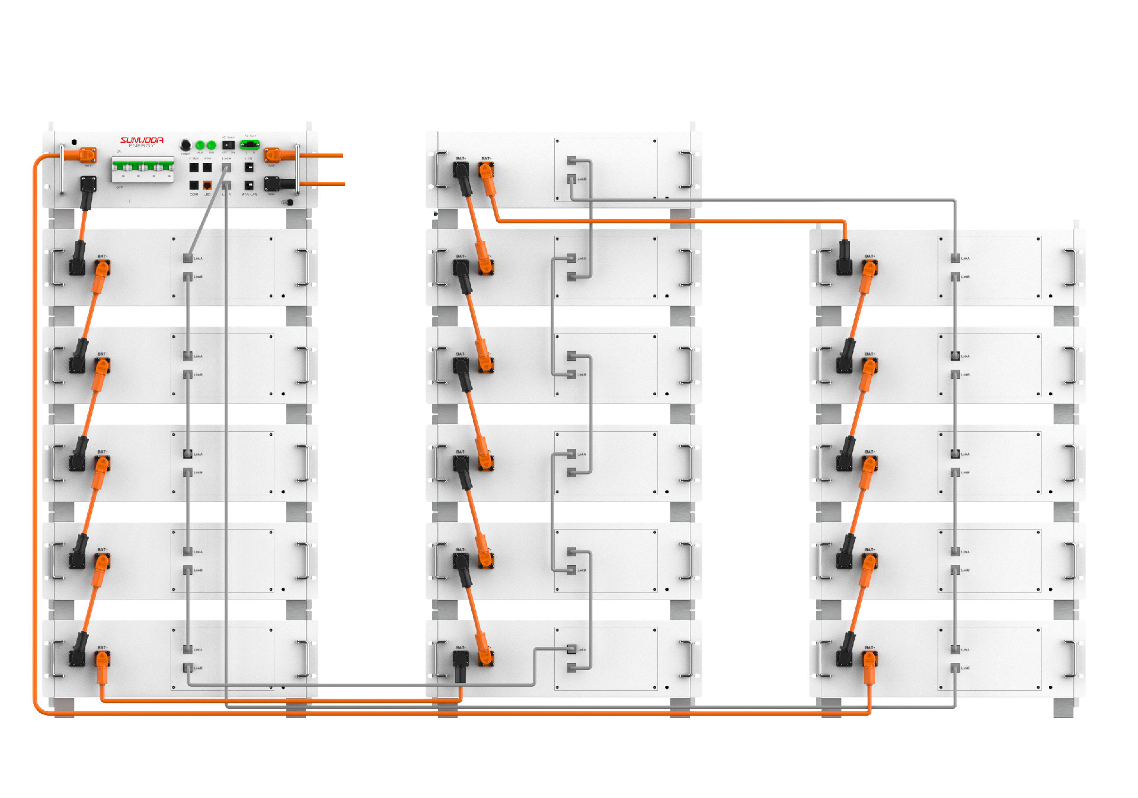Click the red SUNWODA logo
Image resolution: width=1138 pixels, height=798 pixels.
142,140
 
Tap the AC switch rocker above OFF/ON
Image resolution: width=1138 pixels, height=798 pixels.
228,145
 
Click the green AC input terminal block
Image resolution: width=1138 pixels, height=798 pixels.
250,144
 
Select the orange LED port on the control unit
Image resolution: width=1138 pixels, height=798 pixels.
207,185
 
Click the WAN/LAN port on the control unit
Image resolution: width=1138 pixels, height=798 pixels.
249,185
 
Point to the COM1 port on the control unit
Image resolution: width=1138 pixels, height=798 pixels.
194,185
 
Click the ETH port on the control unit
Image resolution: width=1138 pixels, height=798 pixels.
207,168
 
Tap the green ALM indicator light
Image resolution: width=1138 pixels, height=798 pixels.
200,145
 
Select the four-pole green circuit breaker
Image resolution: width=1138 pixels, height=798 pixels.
143,169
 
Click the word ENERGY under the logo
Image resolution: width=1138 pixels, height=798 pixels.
142,146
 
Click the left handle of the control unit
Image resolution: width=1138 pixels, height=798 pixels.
62,169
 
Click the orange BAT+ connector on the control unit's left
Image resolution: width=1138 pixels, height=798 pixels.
88,155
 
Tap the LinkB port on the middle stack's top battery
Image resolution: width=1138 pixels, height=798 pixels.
571,178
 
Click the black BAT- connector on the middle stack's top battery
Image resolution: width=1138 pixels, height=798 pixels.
461,171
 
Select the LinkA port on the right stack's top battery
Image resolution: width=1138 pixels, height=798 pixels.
955,258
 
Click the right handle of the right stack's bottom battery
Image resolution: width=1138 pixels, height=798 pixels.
1070,659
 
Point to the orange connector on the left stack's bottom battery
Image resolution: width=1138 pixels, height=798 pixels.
102,659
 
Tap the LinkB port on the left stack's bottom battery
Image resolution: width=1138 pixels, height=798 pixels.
188,668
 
